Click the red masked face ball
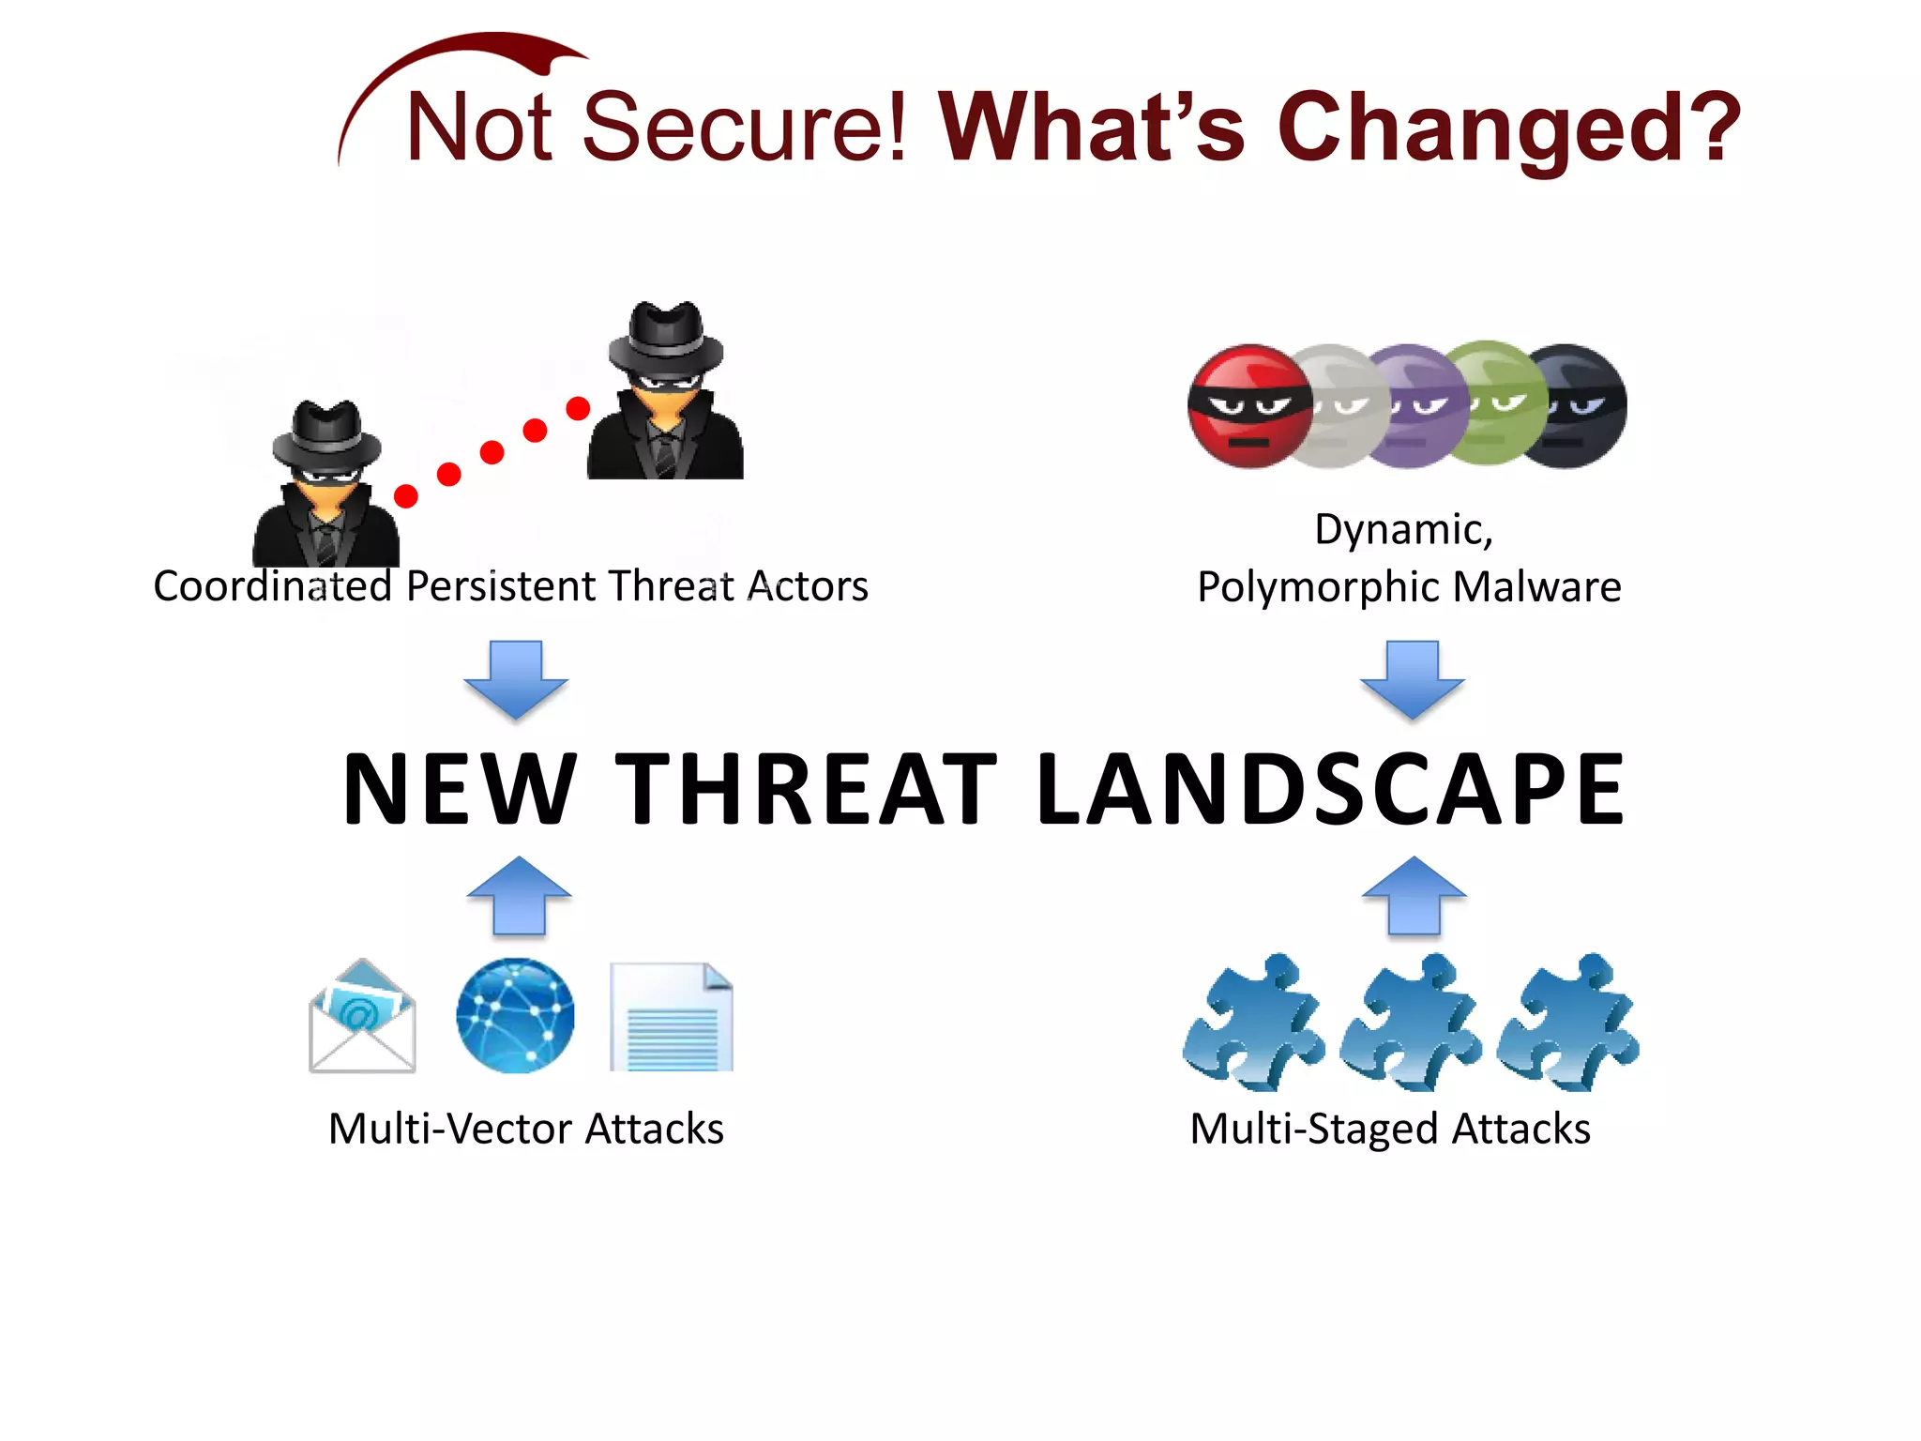click(x=1247, y=406)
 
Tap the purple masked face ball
click(x=1418, y=405)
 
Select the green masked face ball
click(x=1494, y=403)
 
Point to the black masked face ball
click(x=1581, y=405)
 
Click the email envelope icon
click(x=362, y=1017)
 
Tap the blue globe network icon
click(x=515, y=1016)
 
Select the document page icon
click(x=672, y=1018)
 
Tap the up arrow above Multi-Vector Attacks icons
click(x=519, y=895)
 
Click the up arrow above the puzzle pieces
click(x=1414, y=895)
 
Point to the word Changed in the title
click(x=1508, y=128)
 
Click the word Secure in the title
click(x=745, y=128)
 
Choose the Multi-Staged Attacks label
click(x=1390, y=1129)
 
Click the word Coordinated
click(x=272, y=587)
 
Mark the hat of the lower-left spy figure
click(x=326, y=436)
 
